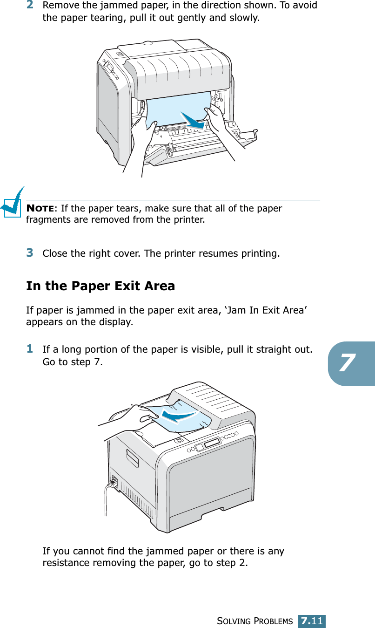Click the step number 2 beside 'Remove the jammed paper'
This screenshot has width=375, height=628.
point(30,5)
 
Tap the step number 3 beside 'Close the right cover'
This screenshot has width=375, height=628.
point(30,253)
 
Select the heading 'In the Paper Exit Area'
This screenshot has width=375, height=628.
point(100,286)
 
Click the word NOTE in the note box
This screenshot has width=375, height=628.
point(40,208)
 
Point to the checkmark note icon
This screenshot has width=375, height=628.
point(12,202)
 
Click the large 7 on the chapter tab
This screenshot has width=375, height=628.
point(347,362)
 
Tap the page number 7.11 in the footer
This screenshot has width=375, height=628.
point(312,621)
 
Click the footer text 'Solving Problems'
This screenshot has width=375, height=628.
point(255,621)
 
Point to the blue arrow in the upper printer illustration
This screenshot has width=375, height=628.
point(193,121)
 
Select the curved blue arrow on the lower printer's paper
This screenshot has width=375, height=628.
point(179,416)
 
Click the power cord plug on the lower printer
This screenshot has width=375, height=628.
point(113,483)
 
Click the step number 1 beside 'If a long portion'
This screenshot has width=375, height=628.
point(30,349)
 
